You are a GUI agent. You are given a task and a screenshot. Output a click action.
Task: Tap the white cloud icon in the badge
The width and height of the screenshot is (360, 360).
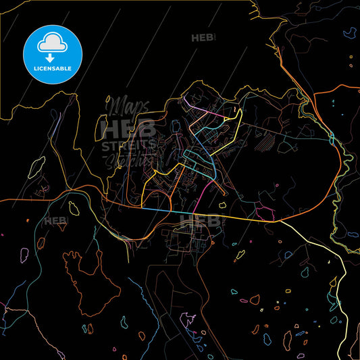pyautogui.click(x=53, y=43)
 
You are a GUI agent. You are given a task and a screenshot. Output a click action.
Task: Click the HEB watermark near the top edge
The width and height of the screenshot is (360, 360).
pyautogui.click(x=202, y=38)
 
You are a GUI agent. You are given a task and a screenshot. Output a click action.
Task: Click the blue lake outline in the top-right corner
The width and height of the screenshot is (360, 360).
pyautogui.click(x=350, y=32)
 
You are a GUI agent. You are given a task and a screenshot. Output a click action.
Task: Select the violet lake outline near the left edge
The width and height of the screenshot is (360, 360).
pyautogui.click(x=24, y=256)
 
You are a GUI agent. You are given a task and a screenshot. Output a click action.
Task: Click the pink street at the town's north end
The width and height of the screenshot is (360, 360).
pyautogui.click(x=196, y=107)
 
